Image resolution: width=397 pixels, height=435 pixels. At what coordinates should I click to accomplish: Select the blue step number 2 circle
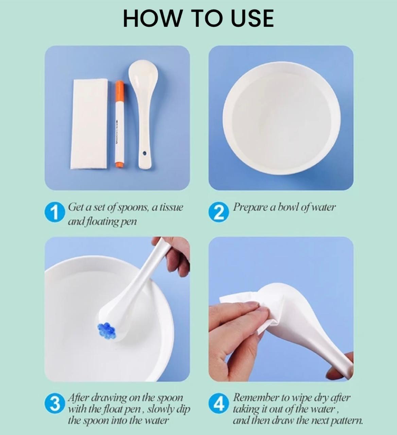(x=219, y=212)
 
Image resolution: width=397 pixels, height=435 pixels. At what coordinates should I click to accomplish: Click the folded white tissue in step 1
(x=89, y=124)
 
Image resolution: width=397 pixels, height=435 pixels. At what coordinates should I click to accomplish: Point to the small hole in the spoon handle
(x=145, y=153)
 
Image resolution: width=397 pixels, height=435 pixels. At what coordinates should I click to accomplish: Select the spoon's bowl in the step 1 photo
(x=143, y=75)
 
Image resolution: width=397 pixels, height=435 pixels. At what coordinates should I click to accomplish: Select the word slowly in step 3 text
(x=162, y=410)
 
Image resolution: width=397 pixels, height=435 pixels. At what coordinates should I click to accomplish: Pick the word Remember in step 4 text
(x=256, y=398)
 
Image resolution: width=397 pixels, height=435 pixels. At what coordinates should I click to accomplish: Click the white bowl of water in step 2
(x=281, y=118)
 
